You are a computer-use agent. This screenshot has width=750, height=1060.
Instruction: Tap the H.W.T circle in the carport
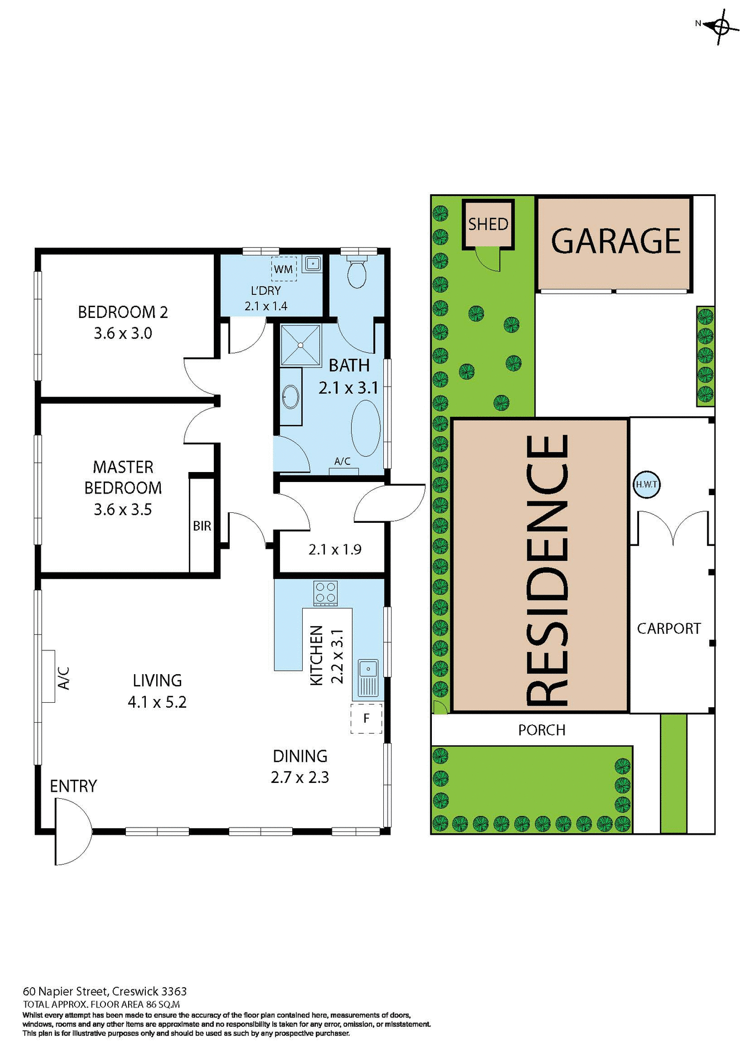coord(646,484)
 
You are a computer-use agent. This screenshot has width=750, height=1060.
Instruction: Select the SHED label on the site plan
coord(488,224)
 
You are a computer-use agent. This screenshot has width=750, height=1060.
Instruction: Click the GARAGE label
coord(616,241)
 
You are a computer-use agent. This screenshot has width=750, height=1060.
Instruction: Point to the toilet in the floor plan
coord(357,271)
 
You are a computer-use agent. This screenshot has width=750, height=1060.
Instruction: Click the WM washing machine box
coord(283,269)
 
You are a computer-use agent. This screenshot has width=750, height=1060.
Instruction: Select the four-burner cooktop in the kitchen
coord(325,593)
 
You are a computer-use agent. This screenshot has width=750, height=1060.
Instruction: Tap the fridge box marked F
coord(366,718)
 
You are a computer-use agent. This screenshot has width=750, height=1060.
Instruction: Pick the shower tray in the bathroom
coord(300,345)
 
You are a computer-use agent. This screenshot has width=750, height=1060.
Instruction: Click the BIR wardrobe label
coord(202,526)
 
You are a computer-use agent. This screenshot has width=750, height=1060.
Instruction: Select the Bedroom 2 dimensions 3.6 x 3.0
coord(123,333)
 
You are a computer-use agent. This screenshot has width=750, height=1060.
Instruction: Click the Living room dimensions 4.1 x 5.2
coord(157,702)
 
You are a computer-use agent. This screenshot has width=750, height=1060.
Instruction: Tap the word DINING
coord(300,756)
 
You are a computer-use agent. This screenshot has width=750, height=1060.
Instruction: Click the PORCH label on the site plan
coord(541,730)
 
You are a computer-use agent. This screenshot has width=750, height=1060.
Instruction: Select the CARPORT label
coord(668,628)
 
